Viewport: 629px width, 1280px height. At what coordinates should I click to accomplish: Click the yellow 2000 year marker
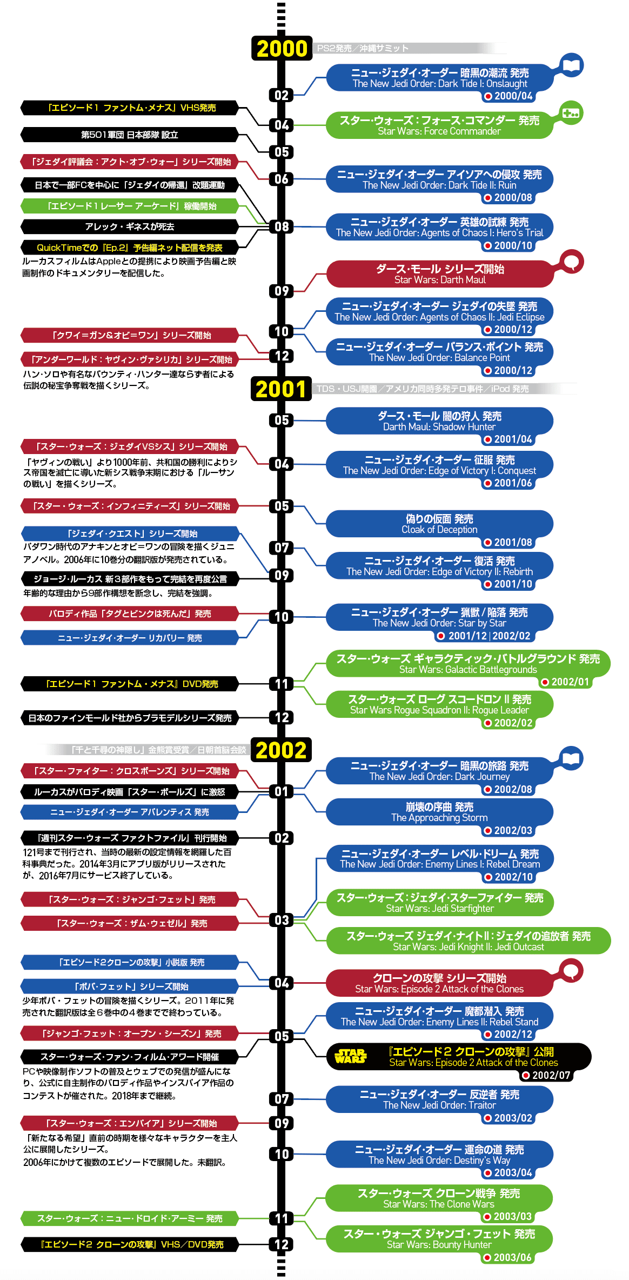[282, 49]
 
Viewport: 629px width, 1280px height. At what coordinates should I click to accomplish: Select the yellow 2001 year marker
[281, 389]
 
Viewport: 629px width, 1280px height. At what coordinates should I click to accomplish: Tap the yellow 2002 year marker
[281, 750]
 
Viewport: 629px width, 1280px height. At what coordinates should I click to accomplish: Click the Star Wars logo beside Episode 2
[350, 1056]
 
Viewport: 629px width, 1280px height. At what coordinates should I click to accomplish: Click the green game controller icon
[571, 114]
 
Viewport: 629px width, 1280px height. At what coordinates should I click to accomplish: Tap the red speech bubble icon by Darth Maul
[571, 262]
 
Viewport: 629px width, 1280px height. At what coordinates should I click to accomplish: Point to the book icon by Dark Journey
[571, 758]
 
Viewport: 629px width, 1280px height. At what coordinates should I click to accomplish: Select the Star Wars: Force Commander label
[439, 125]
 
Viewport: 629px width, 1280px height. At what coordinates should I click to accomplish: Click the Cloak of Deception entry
[439, 524]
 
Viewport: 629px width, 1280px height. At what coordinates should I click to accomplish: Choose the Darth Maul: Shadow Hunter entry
[439, 421]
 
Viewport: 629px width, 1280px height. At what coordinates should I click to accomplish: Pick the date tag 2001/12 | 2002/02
[484, 636]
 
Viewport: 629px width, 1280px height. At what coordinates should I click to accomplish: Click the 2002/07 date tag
[546, 1075]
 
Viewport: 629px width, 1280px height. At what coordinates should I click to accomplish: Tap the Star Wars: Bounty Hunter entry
[439, 1239]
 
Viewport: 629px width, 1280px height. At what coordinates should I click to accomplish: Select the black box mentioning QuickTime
[130, 248]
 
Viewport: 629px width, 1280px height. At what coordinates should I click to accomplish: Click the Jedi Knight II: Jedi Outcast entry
[468, 941]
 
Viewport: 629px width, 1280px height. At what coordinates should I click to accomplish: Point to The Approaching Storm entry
[439, 812]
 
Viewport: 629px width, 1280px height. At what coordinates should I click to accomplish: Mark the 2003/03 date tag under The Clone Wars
[507, 1217]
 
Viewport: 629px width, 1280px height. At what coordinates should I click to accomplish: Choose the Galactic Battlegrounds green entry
[468, 664]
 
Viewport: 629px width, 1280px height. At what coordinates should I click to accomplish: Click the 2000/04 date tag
[508, 96]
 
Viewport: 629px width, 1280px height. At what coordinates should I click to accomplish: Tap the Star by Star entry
[439, 617]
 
